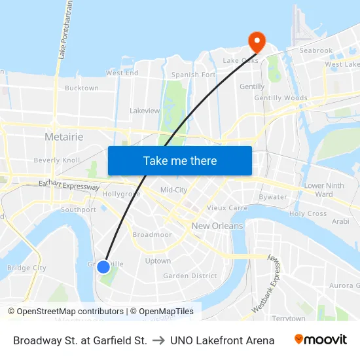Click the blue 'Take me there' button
[180, 160]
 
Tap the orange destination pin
[256, 42]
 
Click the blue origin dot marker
[103, 266]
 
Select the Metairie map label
[63, 136]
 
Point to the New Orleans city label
[217, 226]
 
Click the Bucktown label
[82, 88]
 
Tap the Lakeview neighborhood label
[145, 111]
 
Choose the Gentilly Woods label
[281, 98]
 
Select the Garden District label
[190, 276]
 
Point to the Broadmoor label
[152, 234]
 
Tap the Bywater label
[272, 196]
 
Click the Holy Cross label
[308, 213]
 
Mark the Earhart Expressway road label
[69, 187]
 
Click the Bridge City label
[26, 268]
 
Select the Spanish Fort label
[193, 75]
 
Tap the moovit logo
[321, 339]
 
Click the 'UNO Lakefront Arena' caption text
[222, 340]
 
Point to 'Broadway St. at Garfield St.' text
[80, 340]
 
